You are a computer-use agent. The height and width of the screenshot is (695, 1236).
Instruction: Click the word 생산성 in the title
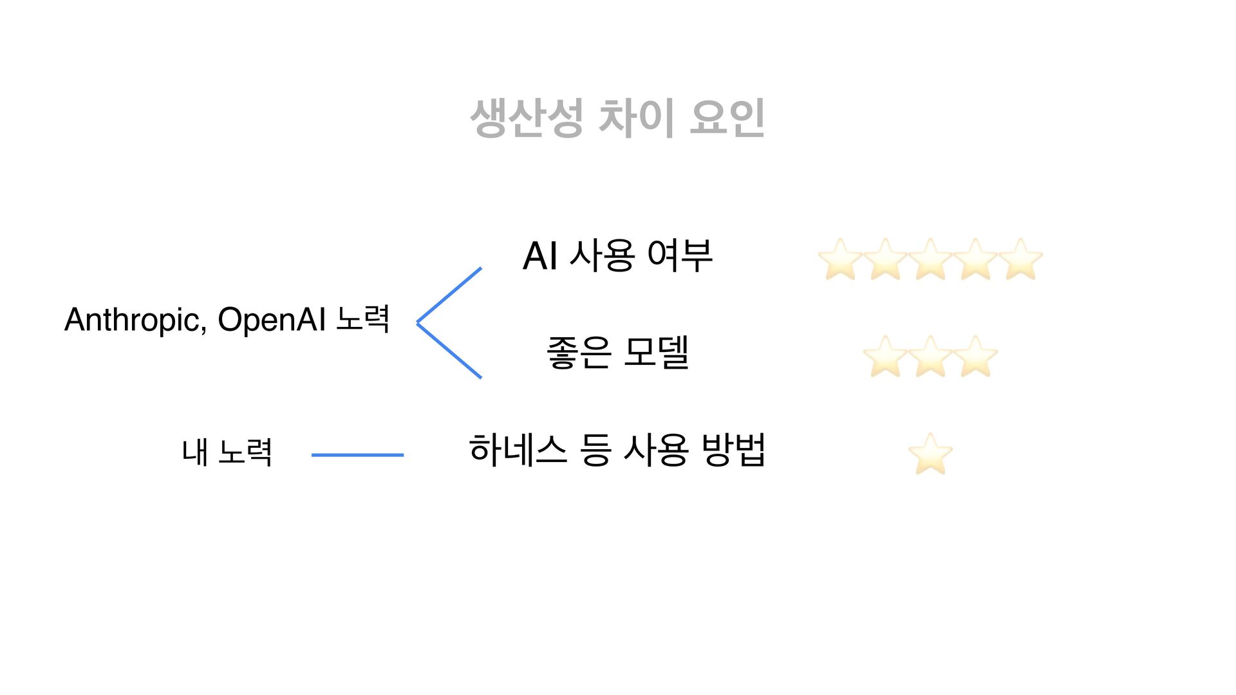pyautogui.click(x=527, y=118)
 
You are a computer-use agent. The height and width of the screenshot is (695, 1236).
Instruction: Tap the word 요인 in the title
pyautogui.click(x=727, y=118)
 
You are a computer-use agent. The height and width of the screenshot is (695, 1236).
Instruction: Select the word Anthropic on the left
pyautogui.click(x=135, y=320)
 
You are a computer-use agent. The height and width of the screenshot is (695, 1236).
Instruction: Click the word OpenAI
pyautogui.click(x=272, y=320)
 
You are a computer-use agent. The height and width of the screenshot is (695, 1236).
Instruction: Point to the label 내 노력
pyautogui.click(x=227, y=452)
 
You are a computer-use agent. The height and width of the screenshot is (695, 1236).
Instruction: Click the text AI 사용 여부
pyautogui.click(x=617, y=255)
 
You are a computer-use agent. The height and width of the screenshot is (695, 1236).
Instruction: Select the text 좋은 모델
pyautogui.click(x=617, y=353)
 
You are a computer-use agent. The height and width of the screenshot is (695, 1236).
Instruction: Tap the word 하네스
pyautogui.click(x=518, y=450)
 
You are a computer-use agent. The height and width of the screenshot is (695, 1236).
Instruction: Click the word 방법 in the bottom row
pyautogui.click(x=733, y=450)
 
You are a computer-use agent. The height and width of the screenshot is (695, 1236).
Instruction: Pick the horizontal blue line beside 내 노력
pyautogui.click(x=357, y=455)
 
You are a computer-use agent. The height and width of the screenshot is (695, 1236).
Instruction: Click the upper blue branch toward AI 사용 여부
pyautogui.click(x=449, y=295)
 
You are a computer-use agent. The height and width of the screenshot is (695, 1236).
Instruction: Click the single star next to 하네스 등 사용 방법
pyautogui.click(x=930, y=454)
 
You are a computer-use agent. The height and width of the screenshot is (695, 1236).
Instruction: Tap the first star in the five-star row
pyautogui.click(x=840, y=260)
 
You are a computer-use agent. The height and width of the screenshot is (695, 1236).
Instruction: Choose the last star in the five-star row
pyautogui.click(x=1020, y=260)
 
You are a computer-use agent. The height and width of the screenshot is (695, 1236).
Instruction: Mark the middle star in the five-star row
pyautogui.click(x=930, y=260)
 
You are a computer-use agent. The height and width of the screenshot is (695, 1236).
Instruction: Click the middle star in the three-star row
pyautogui.click(x=930, y=357)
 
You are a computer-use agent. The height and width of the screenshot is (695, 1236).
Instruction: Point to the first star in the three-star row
pyautogui.click(x=885, y=357)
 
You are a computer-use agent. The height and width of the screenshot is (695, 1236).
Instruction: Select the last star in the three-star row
pyautogui.click(x=975, y=357)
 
